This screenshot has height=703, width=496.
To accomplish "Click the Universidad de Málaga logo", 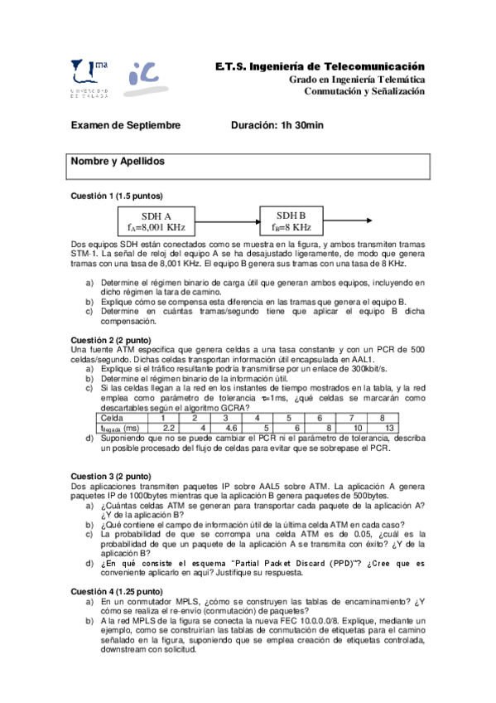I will coord(89,79).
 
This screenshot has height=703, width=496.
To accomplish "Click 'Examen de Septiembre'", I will coord(125,125).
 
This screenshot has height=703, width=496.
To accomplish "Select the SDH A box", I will coord(157,221).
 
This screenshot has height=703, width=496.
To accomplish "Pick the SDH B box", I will coord(291,221).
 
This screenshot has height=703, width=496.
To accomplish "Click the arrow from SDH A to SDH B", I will coord(223,221).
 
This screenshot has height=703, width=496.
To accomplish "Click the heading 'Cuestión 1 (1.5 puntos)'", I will coord(116,196).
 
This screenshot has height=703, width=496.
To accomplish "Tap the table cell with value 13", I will coord(388,427).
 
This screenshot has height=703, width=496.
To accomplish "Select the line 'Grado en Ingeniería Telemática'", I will coord(357,79).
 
